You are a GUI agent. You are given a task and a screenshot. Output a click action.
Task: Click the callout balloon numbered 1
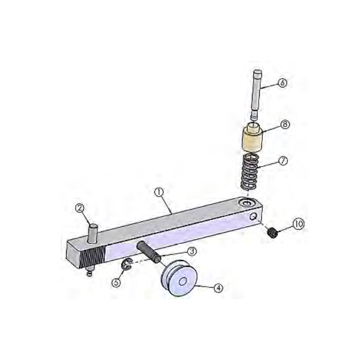click(x=158, y=192)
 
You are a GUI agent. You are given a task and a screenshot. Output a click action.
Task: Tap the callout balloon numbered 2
click(x=79, y=208)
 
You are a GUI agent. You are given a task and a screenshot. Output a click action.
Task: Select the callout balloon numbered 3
click(x=191, y=251)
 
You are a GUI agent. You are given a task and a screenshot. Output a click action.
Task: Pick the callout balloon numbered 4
click(x=218, y=288)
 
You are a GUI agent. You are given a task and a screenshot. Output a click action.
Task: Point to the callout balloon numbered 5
click(x=117, y=283)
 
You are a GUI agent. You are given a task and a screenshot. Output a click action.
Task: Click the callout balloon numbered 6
click(x=282, y=84)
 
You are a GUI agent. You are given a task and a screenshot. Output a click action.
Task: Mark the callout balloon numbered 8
click(x=285, y=125)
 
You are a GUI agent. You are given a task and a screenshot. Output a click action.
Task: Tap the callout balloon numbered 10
click(x=298, y=223)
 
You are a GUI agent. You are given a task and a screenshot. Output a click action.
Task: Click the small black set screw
click(x=271, y=233)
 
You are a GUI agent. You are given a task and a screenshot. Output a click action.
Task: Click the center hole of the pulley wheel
click(x=183, y=282)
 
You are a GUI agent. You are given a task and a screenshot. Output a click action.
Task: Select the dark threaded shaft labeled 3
click(x=149, y=251)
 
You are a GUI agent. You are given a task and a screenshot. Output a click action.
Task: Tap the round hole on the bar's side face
click(x=254, y=217)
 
